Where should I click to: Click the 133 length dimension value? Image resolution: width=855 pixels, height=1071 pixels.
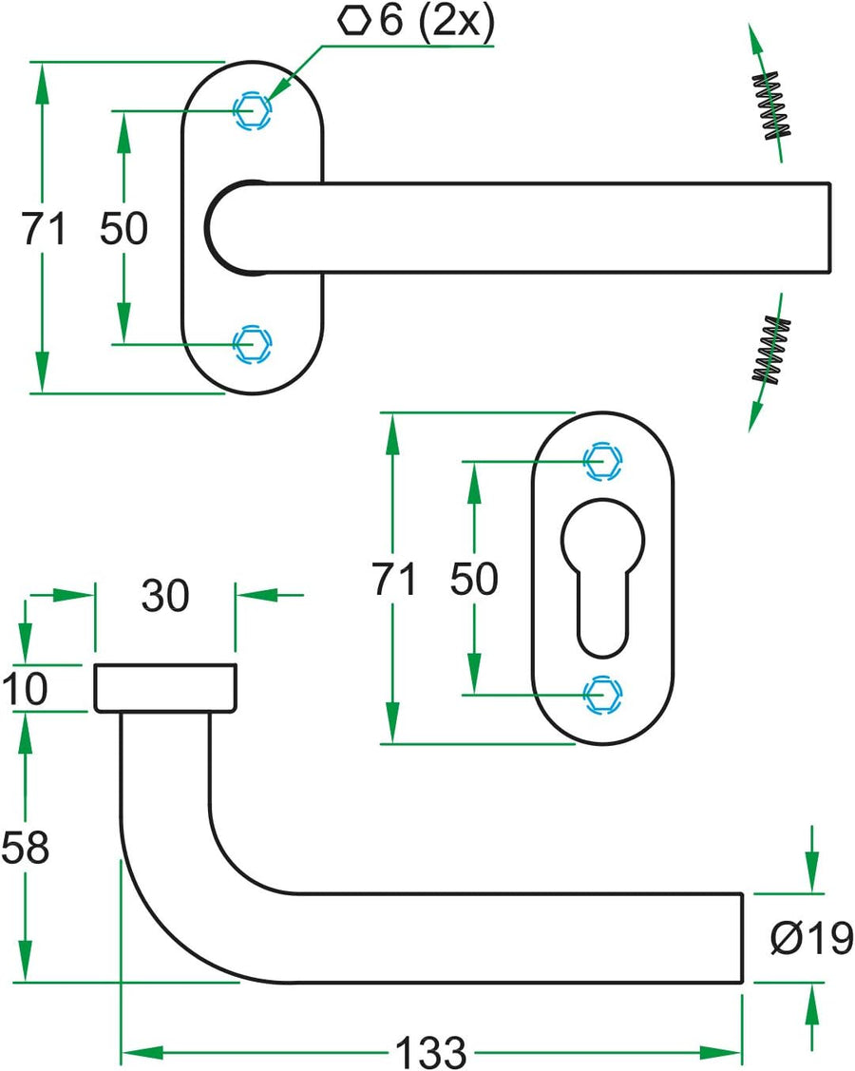431,1051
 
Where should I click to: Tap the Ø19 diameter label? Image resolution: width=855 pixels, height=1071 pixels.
811,939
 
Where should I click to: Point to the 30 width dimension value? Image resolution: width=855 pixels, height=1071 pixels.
165,596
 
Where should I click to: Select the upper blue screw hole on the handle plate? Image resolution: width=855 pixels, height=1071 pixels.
252,110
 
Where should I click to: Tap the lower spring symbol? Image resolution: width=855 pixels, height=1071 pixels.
771,350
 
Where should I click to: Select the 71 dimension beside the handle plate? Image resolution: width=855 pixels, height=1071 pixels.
44,229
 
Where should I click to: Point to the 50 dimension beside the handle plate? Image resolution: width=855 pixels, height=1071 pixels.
124,229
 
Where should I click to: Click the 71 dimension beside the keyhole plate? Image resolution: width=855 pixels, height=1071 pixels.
393,579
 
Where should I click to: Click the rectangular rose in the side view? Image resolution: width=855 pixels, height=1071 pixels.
165,687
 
